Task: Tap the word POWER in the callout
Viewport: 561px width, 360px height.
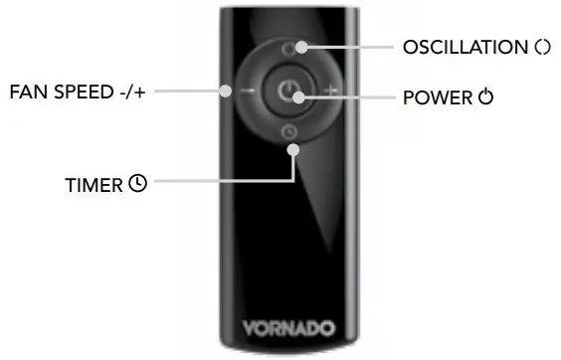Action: pyautogui.click(x=437, y=97)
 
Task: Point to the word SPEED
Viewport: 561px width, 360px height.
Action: pyautogui.click(x=79, y=91)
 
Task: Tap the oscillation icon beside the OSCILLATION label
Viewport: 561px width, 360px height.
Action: pyautogui.click(x=541, y=47)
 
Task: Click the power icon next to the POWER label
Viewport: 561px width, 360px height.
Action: pyautogui.click(x=485, y=97)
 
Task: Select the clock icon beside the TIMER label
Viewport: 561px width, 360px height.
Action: pyautogui.click(x=138, y=184)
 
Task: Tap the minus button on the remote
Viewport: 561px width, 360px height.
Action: pyautogui.click(x=246, y=91)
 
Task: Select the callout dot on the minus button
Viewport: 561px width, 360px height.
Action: pyautogui.click(x=228, y=91)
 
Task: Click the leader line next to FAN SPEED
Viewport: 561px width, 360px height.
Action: pyautogui.click(x=189, y=91)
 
